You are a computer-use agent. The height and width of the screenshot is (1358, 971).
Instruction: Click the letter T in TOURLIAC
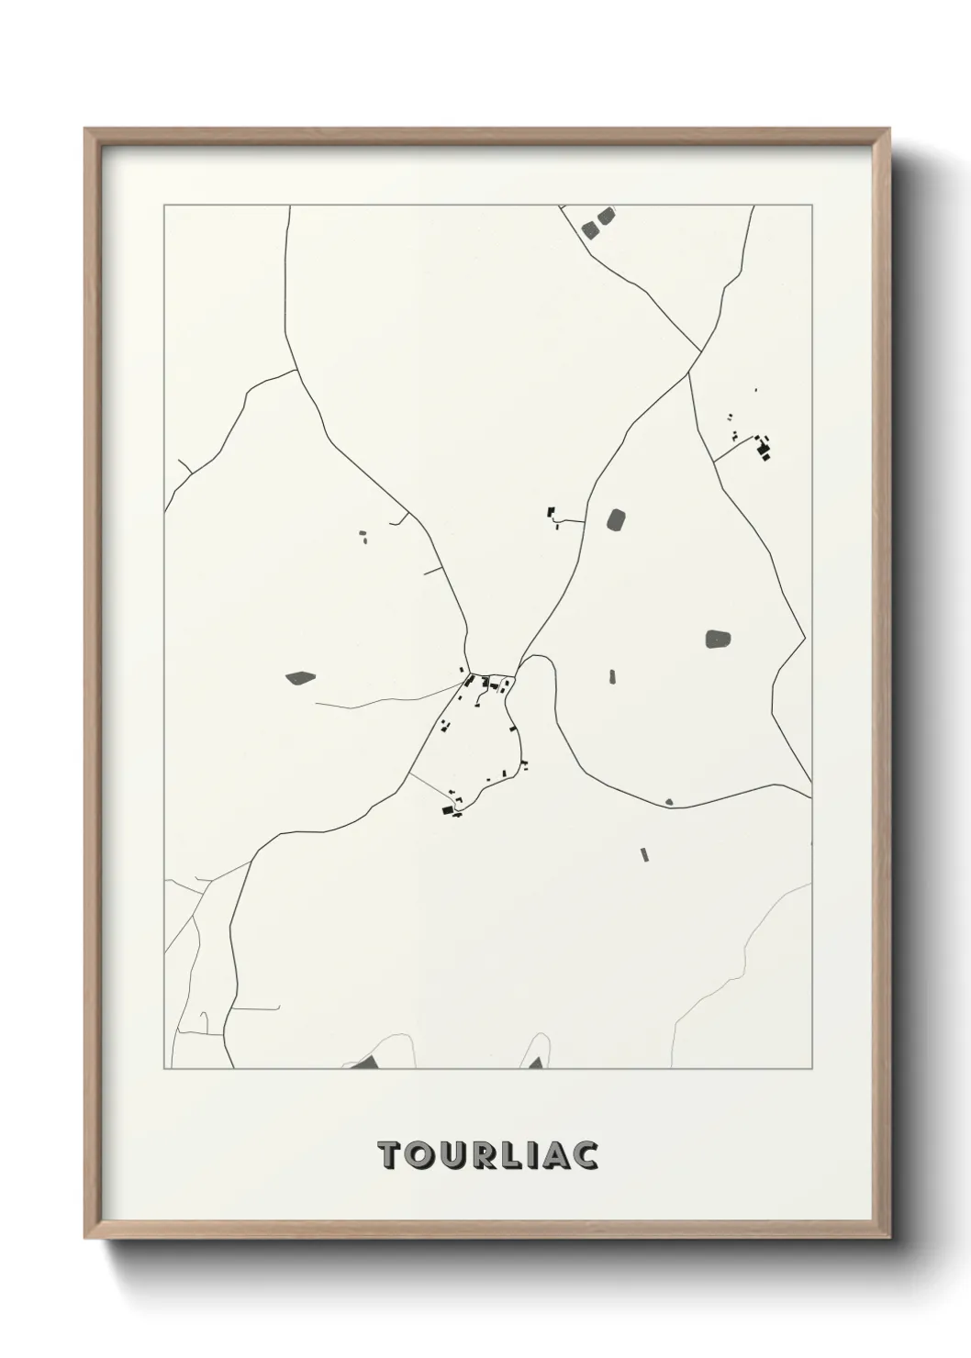tap(389, 1156)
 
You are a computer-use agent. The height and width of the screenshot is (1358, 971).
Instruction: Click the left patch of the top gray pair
tap(589, 228)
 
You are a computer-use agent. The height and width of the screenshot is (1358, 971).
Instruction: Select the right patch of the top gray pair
tap(605, 217)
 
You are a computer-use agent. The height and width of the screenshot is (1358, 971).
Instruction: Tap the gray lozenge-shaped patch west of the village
tap(300, 678)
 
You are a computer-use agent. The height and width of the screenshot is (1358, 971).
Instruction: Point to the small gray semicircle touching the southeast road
tap(668, 803)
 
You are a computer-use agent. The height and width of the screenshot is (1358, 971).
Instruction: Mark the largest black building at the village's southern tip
tap(449, 810)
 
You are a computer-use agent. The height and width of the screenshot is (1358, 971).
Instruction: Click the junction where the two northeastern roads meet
tap(701, 351)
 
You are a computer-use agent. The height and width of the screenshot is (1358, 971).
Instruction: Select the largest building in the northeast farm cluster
tap(761, 449)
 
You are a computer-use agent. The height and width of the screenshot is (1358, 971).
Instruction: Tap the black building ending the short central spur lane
tap(552, 512)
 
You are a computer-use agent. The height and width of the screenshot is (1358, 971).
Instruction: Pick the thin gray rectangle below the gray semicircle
tap(644, 855)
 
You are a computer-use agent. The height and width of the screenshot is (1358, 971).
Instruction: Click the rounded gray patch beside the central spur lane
tap(616, 520)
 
